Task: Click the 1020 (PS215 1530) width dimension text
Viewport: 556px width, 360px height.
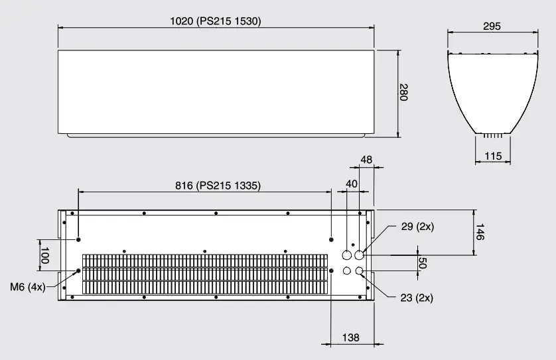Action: coord(216,21)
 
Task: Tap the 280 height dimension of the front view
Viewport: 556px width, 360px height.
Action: coord(403,92)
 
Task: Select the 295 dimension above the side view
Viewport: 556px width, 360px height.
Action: coord(492,27)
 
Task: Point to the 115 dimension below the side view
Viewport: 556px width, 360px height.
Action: coord(493,156)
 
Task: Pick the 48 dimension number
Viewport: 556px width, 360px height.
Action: coord(367,160)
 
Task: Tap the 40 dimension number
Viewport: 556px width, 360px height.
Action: coord(352,183)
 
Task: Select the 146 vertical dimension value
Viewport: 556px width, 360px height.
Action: coord(480,232)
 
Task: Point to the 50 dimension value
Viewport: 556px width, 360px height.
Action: coord(423,263)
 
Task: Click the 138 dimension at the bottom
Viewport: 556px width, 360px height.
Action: coord(350,337)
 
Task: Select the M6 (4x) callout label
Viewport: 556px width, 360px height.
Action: coord(28,286)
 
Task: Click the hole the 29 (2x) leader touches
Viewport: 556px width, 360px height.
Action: coord(360,255)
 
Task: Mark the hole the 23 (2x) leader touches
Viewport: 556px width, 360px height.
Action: coord(360,270)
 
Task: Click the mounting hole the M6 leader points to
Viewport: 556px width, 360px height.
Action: coord(78,270)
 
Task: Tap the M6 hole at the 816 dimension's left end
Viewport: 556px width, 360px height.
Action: coord(78,239)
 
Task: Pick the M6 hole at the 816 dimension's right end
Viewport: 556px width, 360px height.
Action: coord(331,239)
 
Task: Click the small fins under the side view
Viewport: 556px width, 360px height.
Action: coord(493,135)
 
